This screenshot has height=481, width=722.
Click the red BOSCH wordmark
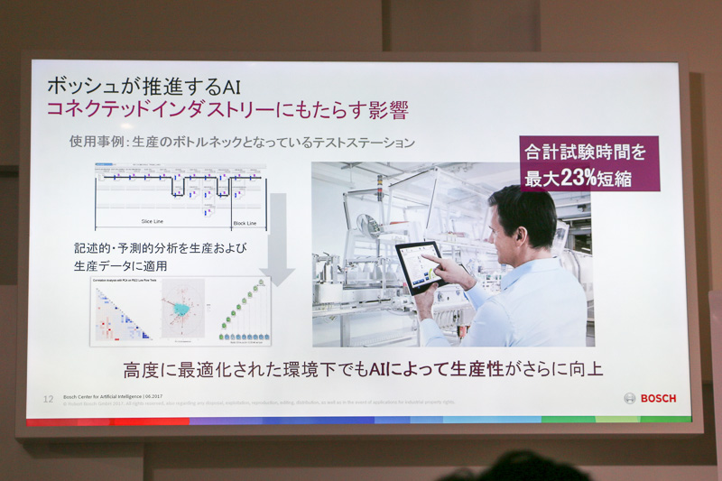pyautogui.click(x=658, y=398)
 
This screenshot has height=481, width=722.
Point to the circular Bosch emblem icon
pyautogui.click(x=630, y=398)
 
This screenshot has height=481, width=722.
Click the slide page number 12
pyautogui.click(x=49, y=397)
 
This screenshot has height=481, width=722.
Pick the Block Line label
pyautogui.click(x=245, y=223)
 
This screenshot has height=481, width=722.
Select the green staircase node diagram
pyautogui.click(x=240, y=311)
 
